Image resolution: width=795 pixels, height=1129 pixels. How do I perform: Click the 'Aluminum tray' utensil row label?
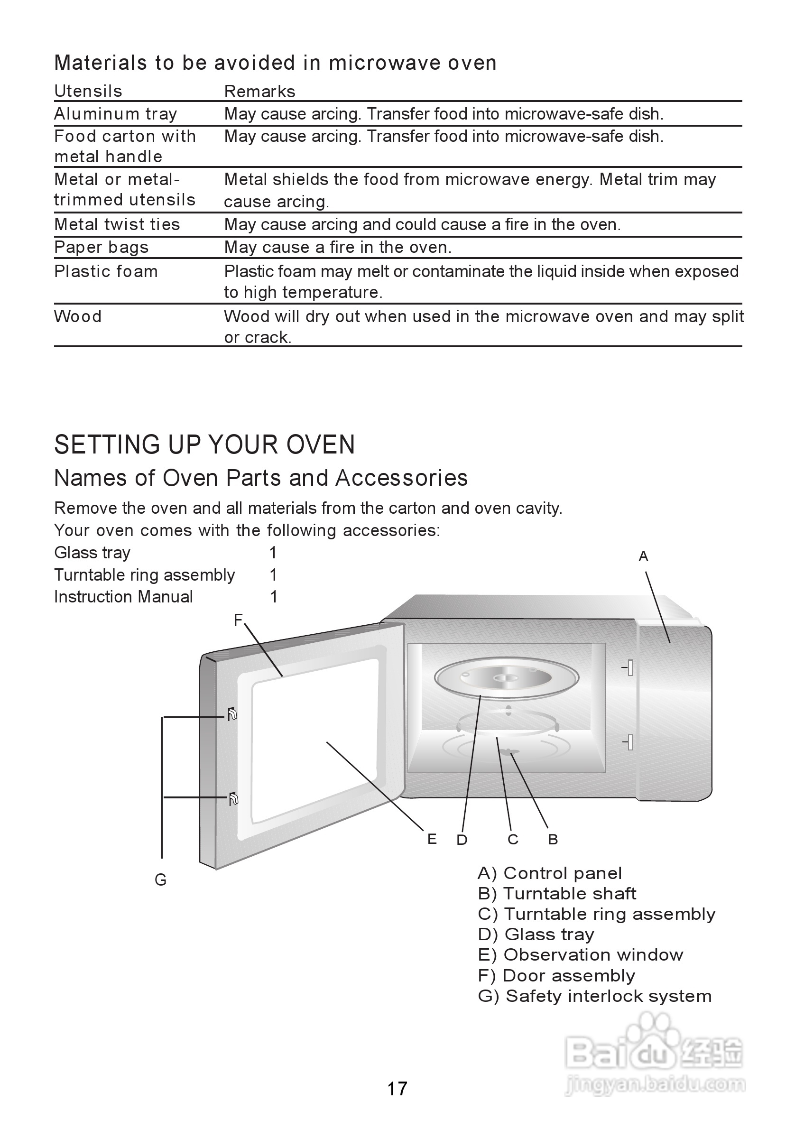(x=116, y=114)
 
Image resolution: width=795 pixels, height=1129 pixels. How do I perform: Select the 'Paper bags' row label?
(x=102, y=247)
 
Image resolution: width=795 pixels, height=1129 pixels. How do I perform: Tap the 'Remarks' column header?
(x=259, y=92)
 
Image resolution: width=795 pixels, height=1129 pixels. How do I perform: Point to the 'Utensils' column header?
(x=88, y=92)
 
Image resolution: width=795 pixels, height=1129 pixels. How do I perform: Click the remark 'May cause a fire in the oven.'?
(x=338, y=247)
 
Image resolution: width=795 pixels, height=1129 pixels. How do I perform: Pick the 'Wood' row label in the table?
(x=78, y=317)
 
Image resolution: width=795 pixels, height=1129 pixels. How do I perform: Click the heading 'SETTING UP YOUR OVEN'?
(x=204, y=445)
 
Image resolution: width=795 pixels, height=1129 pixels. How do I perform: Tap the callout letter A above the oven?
(x=643, y=556)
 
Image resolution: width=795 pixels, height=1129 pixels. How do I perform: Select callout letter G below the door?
(x=160, y=880)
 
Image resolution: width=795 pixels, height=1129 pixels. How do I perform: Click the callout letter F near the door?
(x=239, y=620)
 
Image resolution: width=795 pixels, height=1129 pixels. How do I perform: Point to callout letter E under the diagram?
(x=432, y=839)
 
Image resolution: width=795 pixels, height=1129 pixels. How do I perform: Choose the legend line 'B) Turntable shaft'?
(x=556, y=893)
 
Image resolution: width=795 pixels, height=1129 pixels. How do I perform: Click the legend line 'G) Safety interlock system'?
(x=594, y=996)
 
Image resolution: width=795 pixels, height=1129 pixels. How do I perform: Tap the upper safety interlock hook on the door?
(x=232, y=714)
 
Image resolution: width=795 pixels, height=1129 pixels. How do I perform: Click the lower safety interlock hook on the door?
(x=233, y=799)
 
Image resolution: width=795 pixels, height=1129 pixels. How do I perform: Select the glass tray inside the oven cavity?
(x=507, y=678)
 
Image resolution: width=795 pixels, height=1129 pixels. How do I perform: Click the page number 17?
(x=397, y=1089)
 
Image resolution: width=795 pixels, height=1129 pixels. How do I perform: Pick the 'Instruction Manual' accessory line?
(x=123, y=597)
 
